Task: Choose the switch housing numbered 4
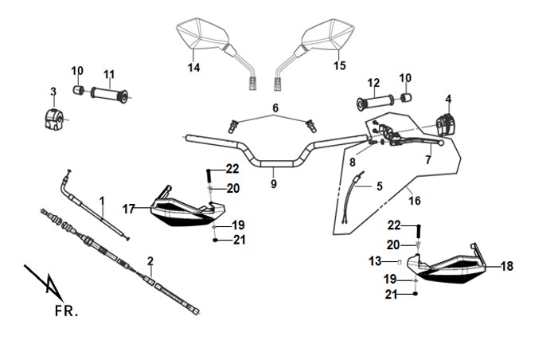(447, 125)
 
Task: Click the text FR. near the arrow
(67, 310)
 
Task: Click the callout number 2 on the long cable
(150, 260)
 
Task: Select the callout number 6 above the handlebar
(275, 108)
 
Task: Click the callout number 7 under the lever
(428, 159)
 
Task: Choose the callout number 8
(352, 162)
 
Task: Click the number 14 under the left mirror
(193, 68)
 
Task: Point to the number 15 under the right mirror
(340, 66)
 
